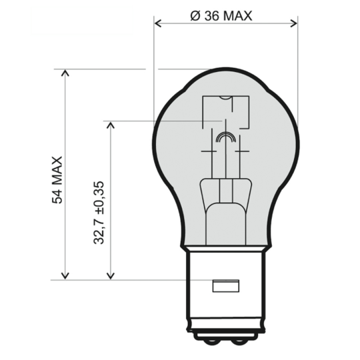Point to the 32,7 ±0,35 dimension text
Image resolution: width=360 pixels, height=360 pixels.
(99, 212)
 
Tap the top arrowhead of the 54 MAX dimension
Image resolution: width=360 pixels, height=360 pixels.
(65, 73)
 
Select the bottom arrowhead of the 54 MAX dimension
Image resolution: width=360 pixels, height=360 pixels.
(65, 275)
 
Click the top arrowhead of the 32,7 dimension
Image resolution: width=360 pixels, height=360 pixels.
(109, 125)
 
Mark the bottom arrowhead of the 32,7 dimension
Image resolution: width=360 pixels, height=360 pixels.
(109, 275)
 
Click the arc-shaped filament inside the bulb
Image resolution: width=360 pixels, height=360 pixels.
(226, 138)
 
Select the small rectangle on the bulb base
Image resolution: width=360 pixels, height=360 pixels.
(226, 287)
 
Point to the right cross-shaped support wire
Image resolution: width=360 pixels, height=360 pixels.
(241, 152)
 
